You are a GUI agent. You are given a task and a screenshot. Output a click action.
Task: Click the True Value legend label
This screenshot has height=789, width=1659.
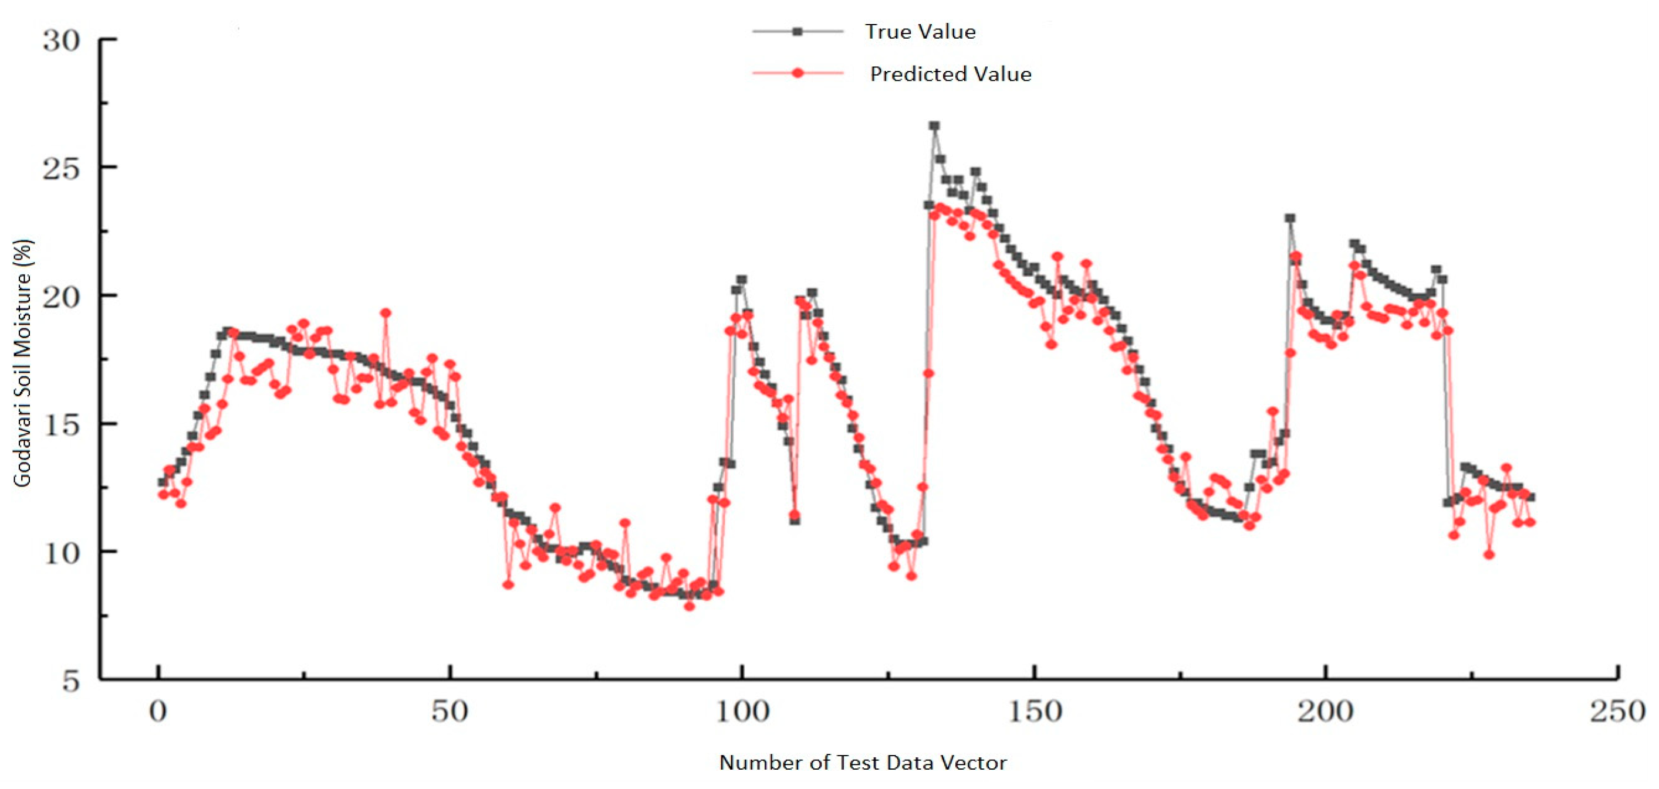[920, 32]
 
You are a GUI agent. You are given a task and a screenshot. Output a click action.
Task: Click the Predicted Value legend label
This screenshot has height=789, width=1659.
[950, 74]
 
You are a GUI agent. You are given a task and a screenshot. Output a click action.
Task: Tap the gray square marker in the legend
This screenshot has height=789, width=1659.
[798, 32]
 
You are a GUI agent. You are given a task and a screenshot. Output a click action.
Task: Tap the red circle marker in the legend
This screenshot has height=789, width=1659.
[798, 73]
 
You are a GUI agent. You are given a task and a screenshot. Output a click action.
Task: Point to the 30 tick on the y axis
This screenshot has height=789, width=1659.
[62, 40]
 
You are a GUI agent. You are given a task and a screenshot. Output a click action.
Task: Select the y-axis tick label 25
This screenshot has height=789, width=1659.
[62, 169]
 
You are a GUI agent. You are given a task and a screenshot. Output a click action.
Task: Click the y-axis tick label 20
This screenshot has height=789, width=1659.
[62, 297]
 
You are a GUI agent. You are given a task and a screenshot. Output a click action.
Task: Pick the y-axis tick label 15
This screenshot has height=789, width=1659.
[62, 425]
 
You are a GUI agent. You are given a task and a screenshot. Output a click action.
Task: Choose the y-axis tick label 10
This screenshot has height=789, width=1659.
[62, 553]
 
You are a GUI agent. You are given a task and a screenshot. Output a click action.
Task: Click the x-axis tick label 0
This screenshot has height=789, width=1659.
[158, 712]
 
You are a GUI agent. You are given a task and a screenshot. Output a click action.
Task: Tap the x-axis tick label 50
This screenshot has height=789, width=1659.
[450, 712]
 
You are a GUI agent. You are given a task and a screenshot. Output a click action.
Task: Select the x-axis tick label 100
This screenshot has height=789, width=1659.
[742, 712]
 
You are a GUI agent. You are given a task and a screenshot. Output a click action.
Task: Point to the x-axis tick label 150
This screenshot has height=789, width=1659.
[1034, 712]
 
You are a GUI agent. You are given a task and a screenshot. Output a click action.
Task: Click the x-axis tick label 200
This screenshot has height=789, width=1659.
[1326, 712]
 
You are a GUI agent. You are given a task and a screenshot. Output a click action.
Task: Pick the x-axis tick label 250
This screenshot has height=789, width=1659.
[1617, 712]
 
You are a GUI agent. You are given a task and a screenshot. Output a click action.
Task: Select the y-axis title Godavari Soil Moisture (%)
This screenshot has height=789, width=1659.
[22, 363]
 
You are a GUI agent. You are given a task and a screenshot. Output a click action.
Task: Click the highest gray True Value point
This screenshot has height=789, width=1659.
[934, 126]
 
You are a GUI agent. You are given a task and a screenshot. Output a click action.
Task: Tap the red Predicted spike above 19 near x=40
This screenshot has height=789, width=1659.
[385, 314]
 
